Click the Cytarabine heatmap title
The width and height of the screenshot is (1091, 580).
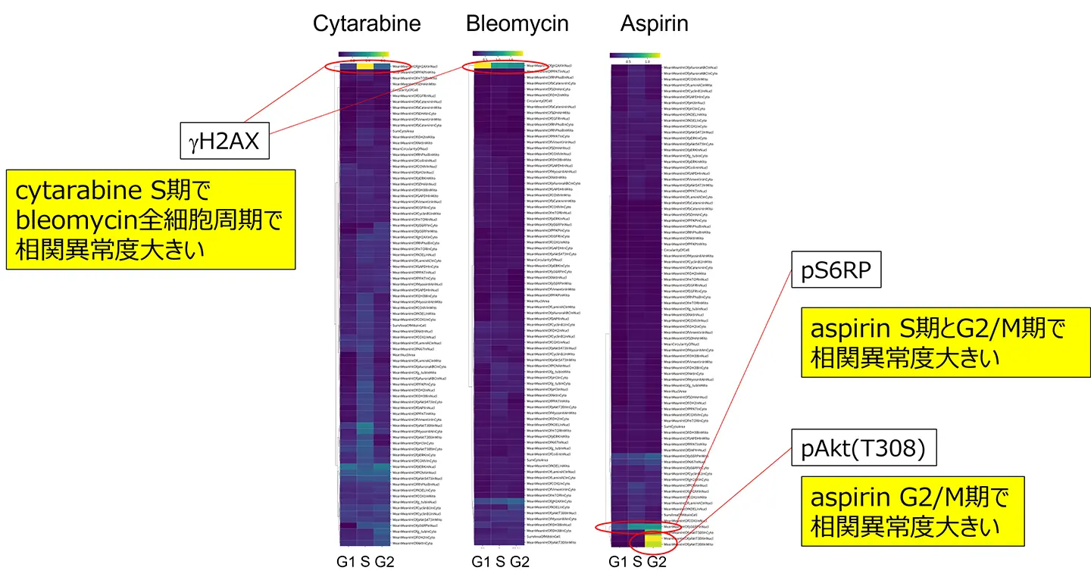tap(367, 23)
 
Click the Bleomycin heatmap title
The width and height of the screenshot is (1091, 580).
tap(517, 23)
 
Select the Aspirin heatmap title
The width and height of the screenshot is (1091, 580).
tap(654, 23)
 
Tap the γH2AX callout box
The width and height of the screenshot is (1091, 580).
tap(225, 141)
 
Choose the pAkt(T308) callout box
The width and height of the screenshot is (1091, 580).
tap(864, 450)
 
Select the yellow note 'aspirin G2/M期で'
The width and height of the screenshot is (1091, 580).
tap(913, 512)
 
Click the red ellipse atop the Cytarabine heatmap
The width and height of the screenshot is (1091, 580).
tap(368, 67)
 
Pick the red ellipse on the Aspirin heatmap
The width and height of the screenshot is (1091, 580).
tap(634, 528)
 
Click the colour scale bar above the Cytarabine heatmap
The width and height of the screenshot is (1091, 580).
tap(364, 54)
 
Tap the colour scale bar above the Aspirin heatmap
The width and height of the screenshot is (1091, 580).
tap(635, 55)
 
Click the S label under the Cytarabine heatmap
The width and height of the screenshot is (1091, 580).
tap(364, 562)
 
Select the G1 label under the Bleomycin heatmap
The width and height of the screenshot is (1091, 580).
tap(481, 562)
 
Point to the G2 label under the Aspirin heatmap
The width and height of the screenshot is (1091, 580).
tap(656, 562)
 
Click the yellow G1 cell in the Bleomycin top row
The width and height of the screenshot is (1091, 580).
tap(483, 67)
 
